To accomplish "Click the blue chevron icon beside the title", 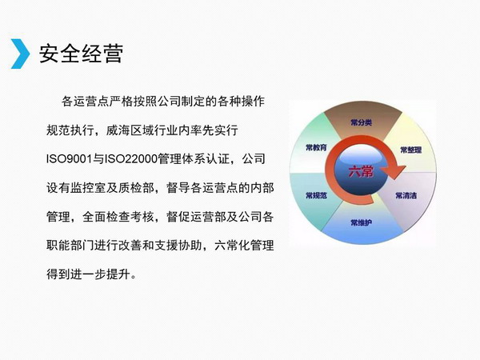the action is click(x=20, y=54).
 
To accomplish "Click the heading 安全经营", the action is click(x=81, y=54).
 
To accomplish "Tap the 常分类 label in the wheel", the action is click(x=362, y=122).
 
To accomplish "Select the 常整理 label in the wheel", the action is click(x=411, y=150).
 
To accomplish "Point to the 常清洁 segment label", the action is click(x=406, y=195).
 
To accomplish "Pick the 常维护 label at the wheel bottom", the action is click(x=362, y=222).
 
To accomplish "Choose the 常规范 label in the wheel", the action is click(x=316, y=195).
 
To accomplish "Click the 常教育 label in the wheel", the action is click(x=316, y=147).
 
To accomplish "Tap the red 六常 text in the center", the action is click(x=362, y=171).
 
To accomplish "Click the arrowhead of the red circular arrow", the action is click(x=396, y=172).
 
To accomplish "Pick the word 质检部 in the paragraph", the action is click(x=136, y=188).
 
